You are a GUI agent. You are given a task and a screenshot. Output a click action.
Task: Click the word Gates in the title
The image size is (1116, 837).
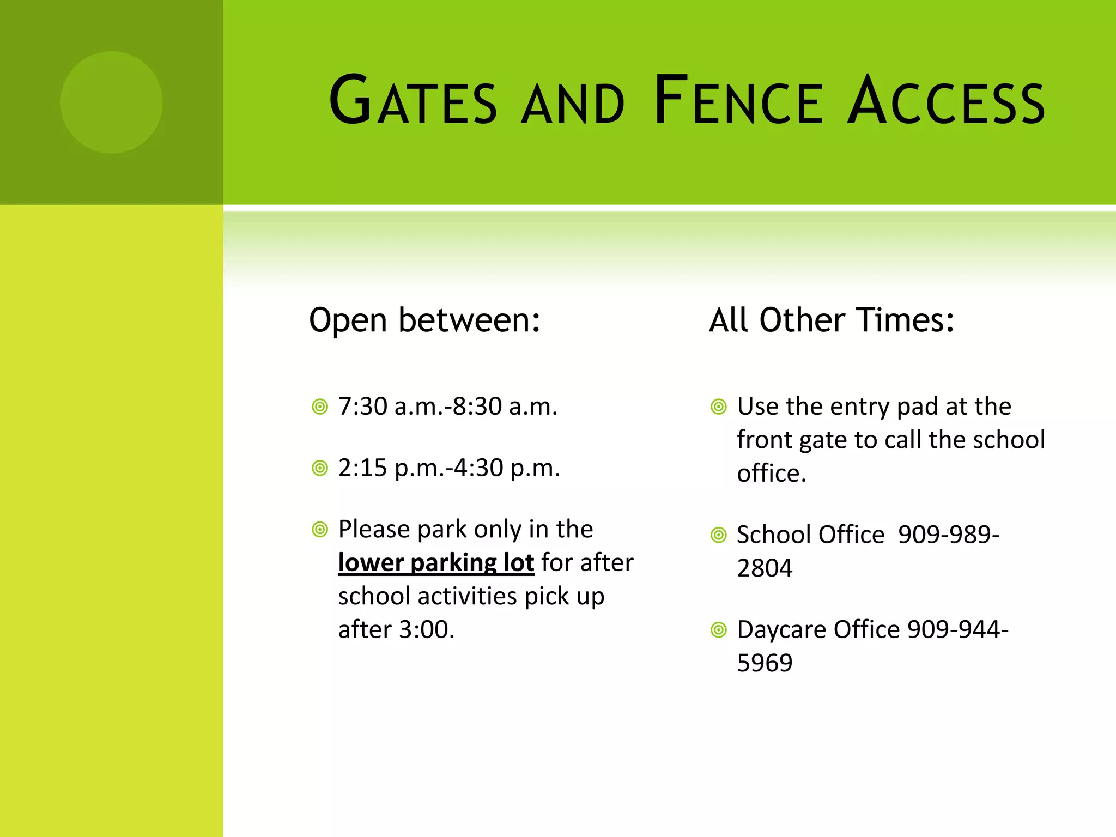click(x=413, y=101)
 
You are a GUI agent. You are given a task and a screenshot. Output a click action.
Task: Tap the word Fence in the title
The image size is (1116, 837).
click(x=738, y=101)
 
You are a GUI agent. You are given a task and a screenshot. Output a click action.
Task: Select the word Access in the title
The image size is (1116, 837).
click(x=947, y=101)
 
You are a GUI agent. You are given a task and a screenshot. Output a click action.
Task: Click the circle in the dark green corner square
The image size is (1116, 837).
click(x=111, y=102)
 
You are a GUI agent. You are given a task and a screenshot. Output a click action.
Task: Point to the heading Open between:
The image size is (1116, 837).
click(x=424, y=320)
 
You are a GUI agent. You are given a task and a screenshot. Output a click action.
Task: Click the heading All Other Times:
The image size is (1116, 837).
click(x=832, y=320)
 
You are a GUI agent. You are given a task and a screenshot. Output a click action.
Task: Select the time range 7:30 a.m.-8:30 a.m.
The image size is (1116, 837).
click(x=448, y=407)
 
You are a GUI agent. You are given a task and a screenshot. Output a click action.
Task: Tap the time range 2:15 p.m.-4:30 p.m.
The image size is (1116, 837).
click(x=449, y=468)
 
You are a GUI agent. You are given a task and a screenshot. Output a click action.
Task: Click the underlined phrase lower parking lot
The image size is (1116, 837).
click(x=436, y=562)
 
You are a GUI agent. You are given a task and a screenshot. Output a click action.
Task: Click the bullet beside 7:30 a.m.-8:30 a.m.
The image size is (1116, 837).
click(x=320, y=407)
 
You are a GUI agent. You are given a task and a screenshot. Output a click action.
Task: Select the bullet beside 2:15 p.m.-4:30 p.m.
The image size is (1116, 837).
click(x=320, y=468)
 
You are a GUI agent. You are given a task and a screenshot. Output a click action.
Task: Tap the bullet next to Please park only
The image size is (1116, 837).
click(x=320, y=530)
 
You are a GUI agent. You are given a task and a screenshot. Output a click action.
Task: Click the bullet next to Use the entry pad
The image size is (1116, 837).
click(x=719, y=407)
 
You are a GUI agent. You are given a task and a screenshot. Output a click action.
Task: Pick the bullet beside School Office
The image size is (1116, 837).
click(x=719, y=535)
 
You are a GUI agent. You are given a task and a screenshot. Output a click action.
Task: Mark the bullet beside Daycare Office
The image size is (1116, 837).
click(x=719, y=630)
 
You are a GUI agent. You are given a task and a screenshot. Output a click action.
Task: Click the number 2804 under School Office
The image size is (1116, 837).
click(x=765, y=568)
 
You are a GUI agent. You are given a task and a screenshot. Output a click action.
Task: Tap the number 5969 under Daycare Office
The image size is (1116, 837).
click(x=765, y=663)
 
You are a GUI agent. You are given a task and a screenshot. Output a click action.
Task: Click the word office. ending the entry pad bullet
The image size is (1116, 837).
click(x=771, y=474)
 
